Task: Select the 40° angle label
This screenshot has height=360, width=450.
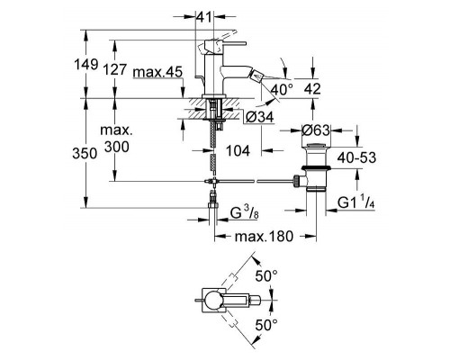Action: click(282, 90)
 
